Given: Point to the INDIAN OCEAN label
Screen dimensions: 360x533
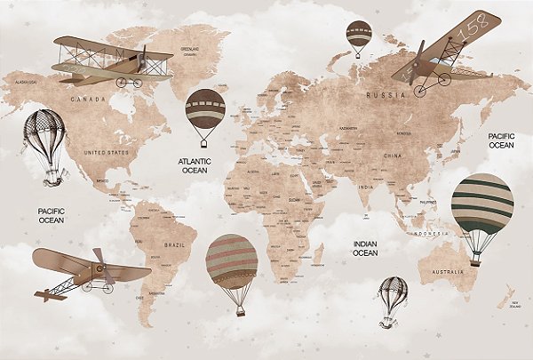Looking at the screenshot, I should [x=365, y=247].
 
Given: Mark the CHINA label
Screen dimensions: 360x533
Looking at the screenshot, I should [x=393, y=156].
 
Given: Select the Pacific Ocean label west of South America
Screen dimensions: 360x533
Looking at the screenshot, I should [x=51, y=214].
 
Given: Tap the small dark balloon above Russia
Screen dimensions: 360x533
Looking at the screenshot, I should [x=360, y=33].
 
